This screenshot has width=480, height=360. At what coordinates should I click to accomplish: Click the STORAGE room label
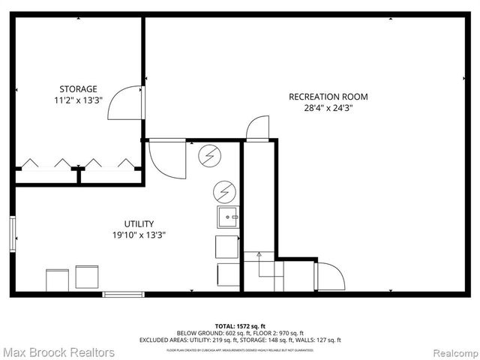pos(78,88)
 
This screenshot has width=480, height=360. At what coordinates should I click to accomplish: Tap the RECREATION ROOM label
pos(328,97)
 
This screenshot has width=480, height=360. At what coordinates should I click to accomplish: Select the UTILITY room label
pos(139,223)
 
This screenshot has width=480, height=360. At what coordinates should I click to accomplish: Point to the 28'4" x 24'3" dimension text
pos(328,108)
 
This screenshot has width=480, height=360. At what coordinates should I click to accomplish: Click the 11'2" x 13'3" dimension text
pos(78,100)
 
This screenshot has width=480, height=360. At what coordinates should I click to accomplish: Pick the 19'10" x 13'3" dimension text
pos(139,235)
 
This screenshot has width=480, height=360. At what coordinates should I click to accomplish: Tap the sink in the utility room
pos(228,217)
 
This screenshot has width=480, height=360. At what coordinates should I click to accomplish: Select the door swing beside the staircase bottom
pos(328,275)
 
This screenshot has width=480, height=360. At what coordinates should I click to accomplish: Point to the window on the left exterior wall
pos(12,235)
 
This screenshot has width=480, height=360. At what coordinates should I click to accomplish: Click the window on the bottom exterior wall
pos(124,294)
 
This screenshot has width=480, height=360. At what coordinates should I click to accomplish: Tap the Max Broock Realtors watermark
pos(58,352)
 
